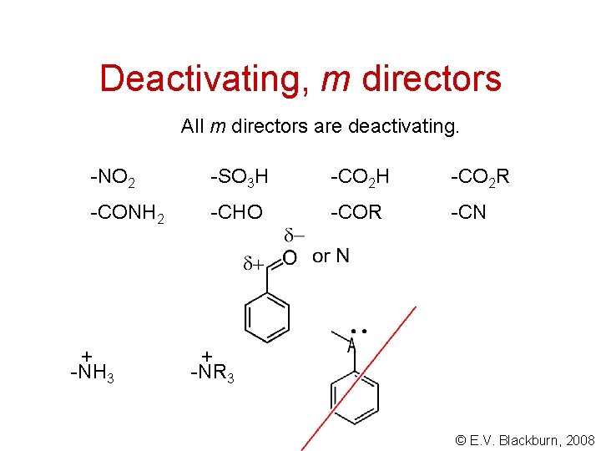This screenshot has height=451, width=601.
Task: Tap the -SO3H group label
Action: pos(240,177)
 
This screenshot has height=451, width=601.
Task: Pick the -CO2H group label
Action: pos(360,177)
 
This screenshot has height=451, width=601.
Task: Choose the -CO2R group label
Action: pos(480,177)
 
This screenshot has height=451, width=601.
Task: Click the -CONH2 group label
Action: pos(128,214)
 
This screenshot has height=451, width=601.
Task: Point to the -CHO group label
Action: pos(236,213)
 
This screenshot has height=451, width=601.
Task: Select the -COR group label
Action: pos(356,213)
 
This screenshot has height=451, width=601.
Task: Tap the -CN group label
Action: pos(468,213)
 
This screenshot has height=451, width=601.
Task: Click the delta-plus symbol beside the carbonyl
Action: pos(254,264)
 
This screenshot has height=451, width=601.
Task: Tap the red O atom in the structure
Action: pos(289,258)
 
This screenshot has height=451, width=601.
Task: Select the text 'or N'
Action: pos(331,256)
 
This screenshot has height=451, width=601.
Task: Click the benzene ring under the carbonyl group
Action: pos(267,317)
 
